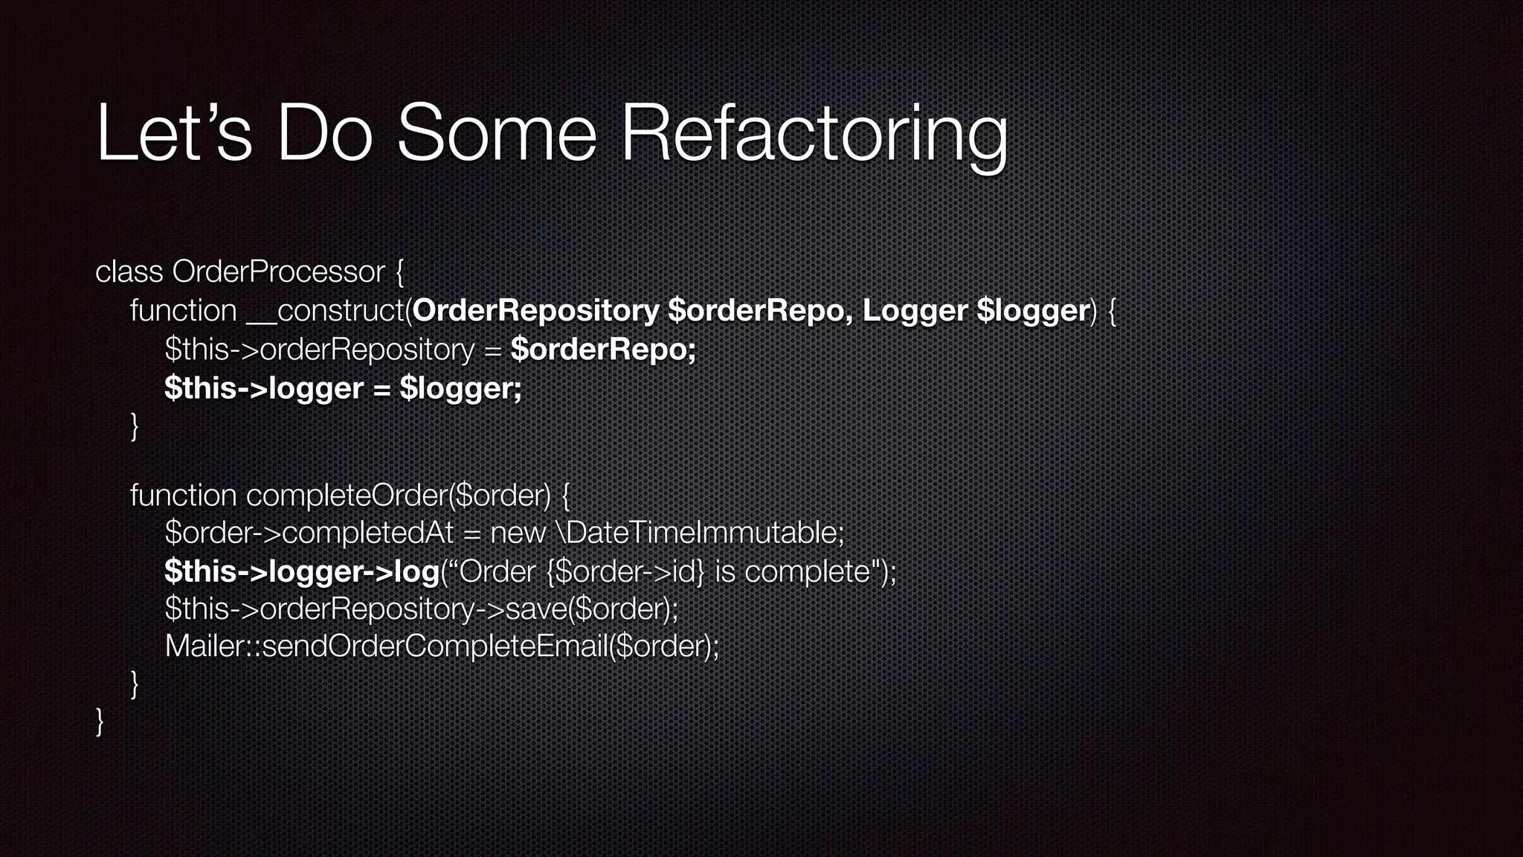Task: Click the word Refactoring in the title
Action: [814, 134]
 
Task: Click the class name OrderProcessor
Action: [279, 272]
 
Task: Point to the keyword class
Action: [129, 272]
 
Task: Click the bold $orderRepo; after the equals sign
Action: [603, 349]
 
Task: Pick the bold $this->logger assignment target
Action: [264, 388]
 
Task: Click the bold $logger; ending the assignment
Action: [460, 388]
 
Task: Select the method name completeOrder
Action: [347, 495]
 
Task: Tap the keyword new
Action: [518, 533]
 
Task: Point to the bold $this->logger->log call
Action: [302, 571]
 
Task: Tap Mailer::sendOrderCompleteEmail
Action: [386, 646]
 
